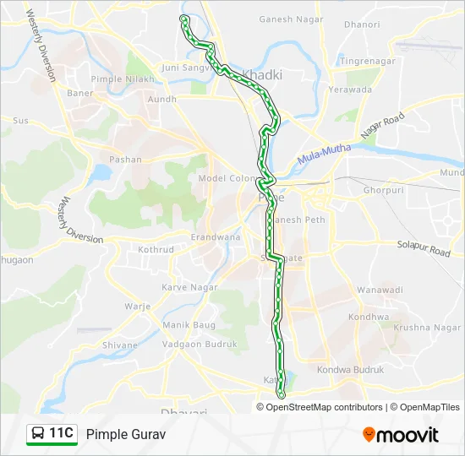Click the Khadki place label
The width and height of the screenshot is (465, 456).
point(263,74)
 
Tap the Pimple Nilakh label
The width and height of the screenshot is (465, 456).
point(124,79)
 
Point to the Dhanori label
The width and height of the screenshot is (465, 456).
point(363,24)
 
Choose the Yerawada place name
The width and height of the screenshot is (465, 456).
point(350,90)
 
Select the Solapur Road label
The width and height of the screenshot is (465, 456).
point(424,248)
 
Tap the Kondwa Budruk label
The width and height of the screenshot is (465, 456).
point(350,370)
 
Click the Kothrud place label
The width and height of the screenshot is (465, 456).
point(156,250)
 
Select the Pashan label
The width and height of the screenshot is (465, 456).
point(126,159)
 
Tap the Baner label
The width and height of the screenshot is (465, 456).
point(80,93)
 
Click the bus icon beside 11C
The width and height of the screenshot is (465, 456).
point(38,434)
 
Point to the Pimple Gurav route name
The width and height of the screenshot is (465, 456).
point(126,434)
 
